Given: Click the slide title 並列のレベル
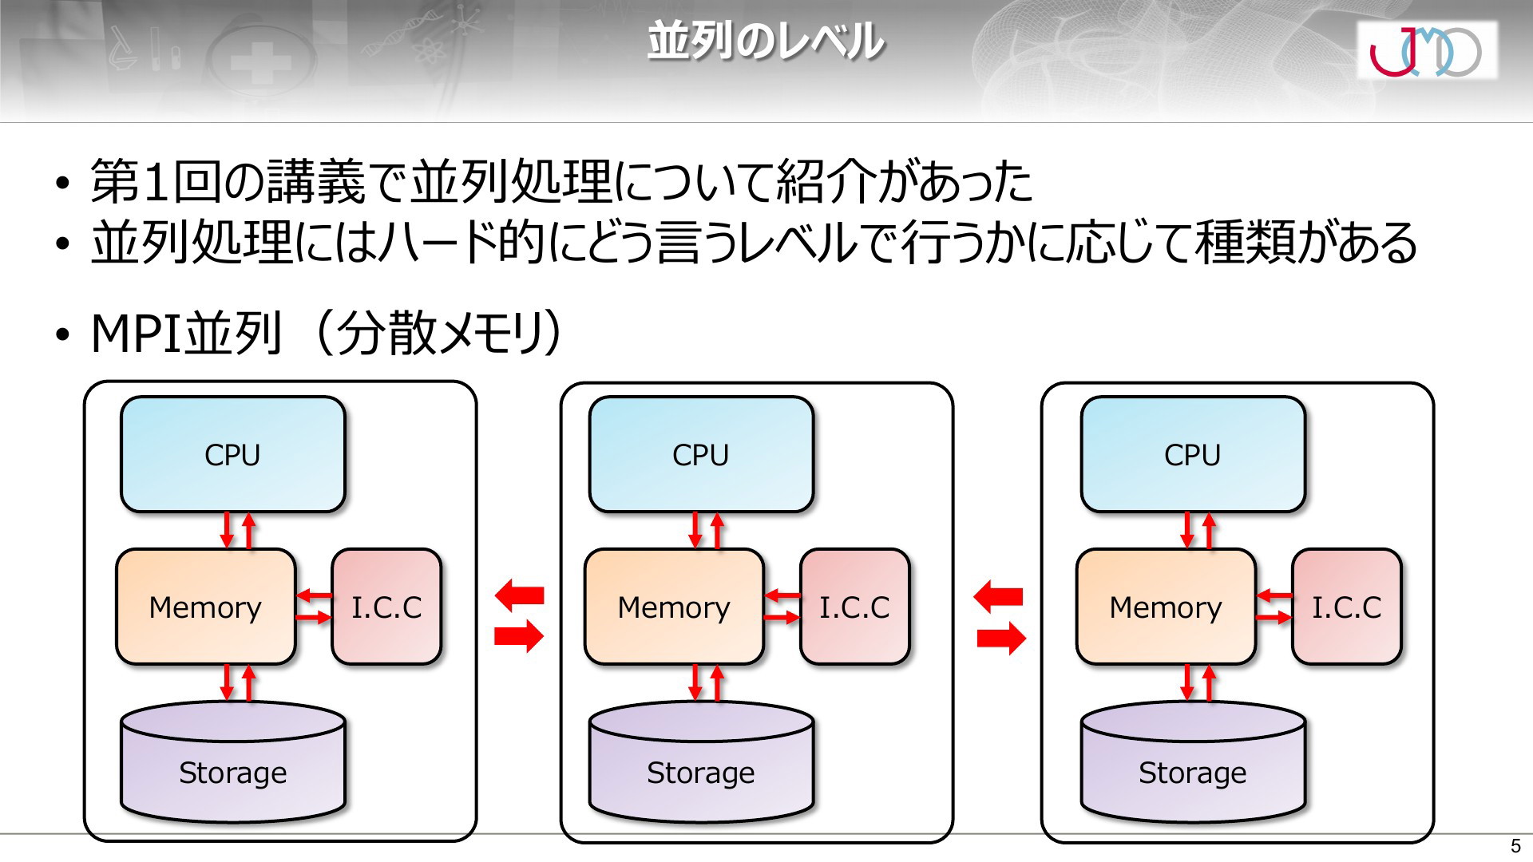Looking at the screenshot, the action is [765, 42].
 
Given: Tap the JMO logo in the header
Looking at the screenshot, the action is [1426, 49].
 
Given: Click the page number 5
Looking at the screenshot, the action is [1515, 846].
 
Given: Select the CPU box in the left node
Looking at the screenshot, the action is [232, 454].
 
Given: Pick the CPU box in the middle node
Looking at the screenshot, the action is [701, 454].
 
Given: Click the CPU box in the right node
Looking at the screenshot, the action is [1193, 454].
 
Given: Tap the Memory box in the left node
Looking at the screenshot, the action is [206, 607].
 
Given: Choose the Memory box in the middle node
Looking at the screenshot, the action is [674, 607].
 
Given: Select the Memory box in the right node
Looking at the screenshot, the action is [1166, 607].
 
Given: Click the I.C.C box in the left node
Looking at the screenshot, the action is [386, 607].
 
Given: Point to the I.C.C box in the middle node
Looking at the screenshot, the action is [854, 607].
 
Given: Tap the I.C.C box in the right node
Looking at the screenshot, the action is [1346, 607].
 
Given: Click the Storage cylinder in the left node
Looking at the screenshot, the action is [232, 762].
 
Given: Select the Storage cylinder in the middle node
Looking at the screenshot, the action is [701, 762].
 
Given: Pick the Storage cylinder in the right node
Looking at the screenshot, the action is [1193, 762].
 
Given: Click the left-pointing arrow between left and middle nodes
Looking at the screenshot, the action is [519, 595].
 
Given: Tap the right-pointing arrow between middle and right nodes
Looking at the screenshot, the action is [1001, 638].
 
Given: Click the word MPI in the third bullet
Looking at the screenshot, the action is [137, 334].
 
